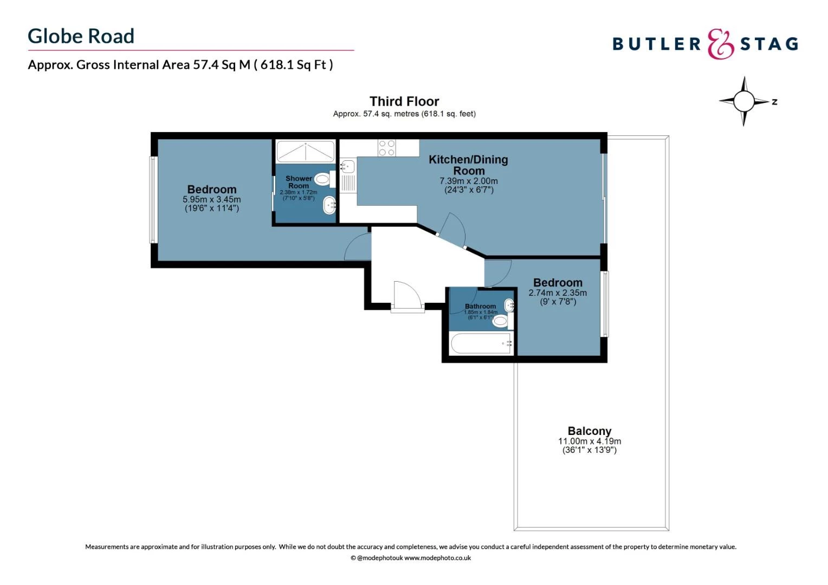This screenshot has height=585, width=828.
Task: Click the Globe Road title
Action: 81,36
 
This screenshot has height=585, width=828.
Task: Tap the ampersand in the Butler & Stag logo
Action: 720,44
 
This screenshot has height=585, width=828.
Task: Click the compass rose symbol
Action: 744,101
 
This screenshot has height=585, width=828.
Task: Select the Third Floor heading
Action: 404,101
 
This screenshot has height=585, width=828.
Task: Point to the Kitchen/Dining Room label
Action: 468,165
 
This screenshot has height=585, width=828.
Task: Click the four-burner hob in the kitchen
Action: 387,148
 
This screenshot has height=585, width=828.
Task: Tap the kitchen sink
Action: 347,166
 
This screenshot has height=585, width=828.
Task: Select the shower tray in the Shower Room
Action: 306,151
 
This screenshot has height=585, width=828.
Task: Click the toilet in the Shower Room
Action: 323,178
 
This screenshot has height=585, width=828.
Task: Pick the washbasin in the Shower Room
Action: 329,205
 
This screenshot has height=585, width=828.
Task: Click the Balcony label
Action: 590,431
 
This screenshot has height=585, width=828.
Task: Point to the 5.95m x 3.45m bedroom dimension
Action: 212,200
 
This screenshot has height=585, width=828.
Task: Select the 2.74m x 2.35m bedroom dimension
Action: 558,293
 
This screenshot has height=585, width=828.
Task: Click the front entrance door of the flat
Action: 407,297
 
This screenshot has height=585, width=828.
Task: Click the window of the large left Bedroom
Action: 153,199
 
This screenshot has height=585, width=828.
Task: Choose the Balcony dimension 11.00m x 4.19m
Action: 590,441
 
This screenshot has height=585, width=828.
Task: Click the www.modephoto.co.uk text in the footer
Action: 437,558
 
